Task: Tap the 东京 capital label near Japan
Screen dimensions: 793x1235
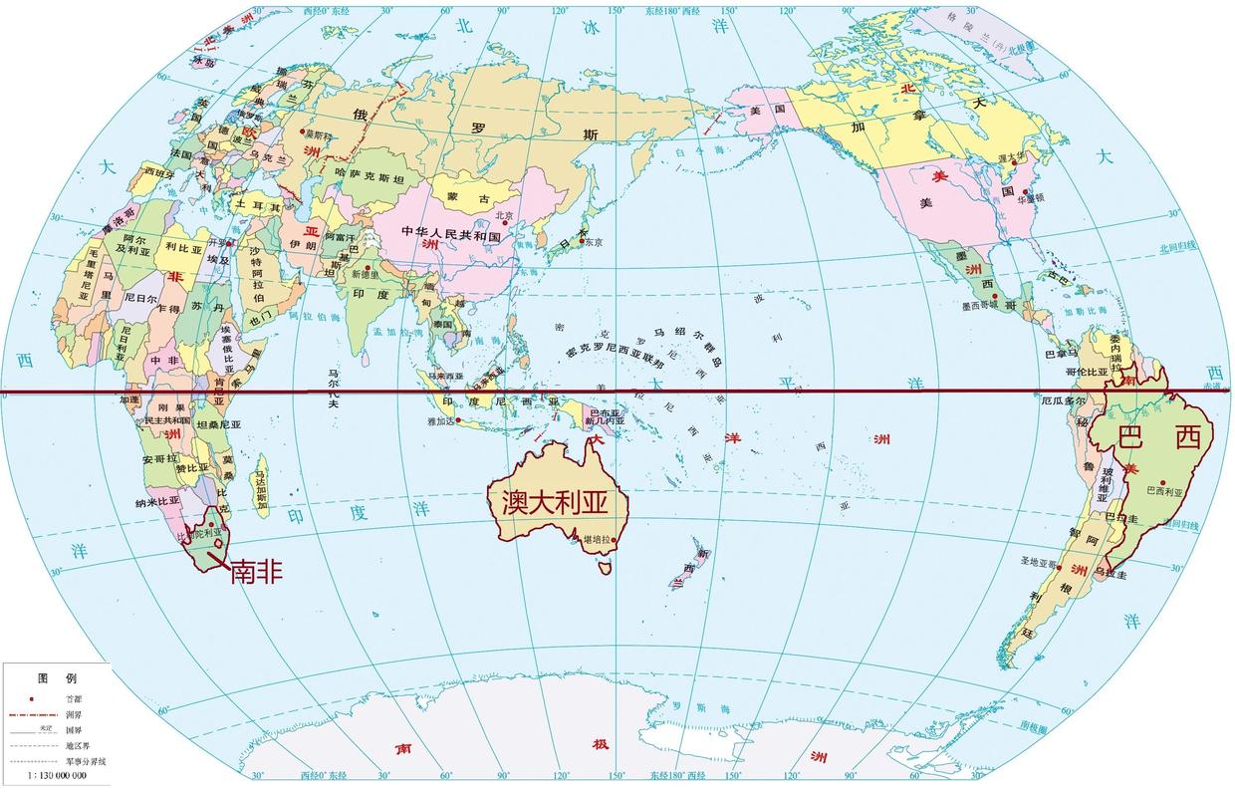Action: coord(594,242)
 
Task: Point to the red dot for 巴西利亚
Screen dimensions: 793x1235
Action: coord(1161,482)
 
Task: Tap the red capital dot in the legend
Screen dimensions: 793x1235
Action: coord(33,698)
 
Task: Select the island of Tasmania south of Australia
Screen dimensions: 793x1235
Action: coord(603,567)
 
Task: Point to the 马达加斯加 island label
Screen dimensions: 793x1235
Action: coord(262,489)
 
